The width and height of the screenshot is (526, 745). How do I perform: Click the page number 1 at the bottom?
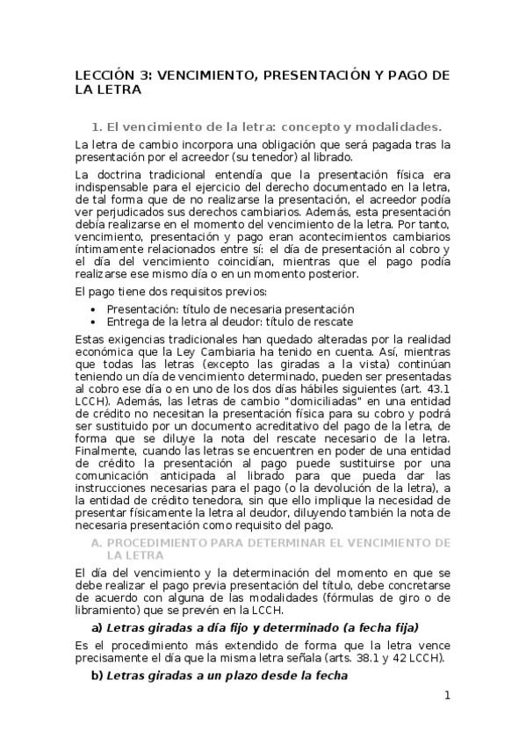pyautogui.click(x=447, y=696)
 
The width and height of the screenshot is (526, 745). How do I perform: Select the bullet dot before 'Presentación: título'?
pyautogui.click(x=95, y=310)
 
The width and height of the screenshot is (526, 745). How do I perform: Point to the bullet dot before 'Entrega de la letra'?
pyautogui.click(x=95, y=322)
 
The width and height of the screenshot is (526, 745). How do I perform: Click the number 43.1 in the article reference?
pyautogui.click(x=437, y=386)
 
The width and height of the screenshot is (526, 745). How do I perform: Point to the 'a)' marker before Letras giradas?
pyautogui.click(x=97, y=627)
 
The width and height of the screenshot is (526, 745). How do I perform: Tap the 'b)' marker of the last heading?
pyautogui.click(x=97, y=676)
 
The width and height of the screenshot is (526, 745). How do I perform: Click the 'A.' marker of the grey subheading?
pyautogui.click(x=98, y=543)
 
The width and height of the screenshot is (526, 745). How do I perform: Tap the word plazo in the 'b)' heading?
pyautogui.click(x=254, y=676)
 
